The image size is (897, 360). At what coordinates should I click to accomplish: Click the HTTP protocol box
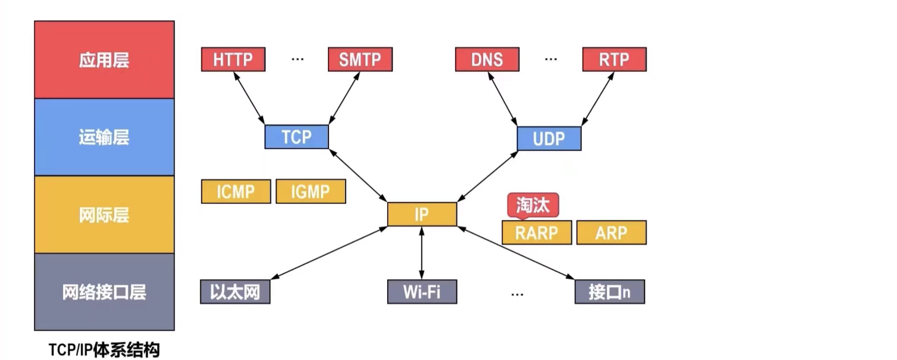coord(233,59)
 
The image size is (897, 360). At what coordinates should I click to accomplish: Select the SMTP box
coord(360,59)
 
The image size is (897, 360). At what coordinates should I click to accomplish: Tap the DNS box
coord(487,59)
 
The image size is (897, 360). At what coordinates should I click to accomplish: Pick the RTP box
coord(614,59)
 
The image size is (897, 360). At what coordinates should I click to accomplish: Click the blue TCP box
coord(296,137)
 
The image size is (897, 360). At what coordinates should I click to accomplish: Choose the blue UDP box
coord(549,138)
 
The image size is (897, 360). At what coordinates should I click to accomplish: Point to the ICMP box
coord(236,192)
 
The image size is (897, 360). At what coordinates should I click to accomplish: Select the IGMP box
coord(311,192)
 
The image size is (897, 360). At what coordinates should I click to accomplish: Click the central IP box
coord(422,214)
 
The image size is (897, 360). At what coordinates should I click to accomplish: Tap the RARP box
coord(537,233)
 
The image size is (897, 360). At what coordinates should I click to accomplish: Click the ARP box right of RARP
coord(611,233)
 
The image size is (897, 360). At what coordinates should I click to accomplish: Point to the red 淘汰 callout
coord(533,205)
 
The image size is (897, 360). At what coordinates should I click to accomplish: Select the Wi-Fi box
coord(422,291)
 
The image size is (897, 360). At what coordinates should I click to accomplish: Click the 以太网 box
coord(235,291)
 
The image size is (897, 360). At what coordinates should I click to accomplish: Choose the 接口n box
coord(609,291)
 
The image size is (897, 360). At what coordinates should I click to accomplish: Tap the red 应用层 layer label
coord(104,60)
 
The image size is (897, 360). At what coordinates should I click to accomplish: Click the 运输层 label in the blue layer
coord(104,137)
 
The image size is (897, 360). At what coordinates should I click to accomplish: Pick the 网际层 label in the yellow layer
coord(104,215)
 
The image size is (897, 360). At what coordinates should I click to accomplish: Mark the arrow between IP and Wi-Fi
coord(422,253)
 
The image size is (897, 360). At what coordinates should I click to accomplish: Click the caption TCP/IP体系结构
coord(104,349)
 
